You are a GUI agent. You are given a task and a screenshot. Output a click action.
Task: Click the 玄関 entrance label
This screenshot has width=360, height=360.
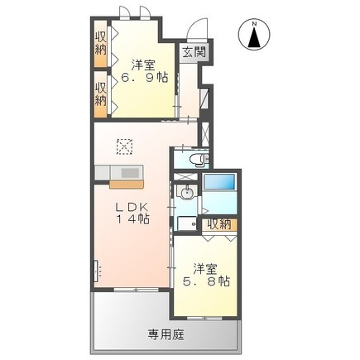click(x=194, y=52)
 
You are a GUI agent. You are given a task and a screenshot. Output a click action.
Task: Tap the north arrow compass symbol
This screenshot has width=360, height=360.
click(x=254, y=35)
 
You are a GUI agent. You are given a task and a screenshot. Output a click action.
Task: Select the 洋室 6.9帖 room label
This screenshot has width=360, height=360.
click(x=144, y=71)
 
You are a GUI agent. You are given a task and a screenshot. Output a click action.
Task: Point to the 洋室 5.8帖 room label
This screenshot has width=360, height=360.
click(x=206, y=275)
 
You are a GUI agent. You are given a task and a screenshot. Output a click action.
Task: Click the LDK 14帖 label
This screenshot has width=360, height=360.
click(x=132, y=213)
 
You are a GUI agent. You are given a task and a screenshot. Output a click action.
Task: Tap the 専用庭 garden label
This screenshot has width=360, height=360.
click(x=166, y=335)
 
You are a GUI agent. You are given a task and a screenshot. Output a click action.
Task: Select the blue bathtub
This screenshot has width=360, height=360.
click(x=219, y=181)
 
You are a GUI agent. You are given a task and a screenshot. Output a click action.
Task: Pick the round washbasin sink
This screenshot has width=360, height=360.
click(x=187, y=191)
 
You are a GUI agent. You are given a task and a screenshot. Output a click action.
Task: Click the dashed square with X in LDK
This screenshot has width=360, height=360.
click(x=125, y=146)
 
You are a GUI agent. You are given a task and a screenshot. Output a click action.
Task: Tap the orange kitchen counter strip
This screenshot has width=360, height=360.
click(x=127, y=184)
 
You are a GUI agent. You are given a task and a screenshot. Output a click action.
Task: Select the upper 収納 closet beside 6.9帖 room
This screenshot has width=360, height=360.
click(x=101, y=44)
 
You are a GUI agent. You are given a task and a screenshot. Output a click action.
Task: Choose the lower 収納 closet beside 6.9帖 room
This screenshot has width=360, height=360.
click(x=101, y=94)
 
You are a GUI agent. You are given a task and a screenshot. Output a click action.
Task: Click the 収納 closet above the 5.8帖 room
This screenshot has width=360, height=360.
click(x=219, y=224)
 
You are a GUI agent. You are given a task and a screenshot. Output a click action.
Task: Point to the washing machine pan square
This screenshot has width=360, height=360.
click(x=187, y=223)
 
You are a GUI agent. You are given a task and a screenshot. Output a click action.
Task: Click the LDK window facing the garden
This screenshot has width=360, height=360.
click(x=137, y=290)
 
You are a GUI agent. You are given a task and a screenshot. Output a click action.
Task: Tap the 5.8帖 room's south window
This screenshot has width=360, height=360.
click(x=205, y=318)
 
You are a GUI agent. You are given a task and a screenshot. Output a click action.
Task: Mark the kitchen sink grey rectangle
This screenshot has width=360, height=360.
click(x=130, y=173)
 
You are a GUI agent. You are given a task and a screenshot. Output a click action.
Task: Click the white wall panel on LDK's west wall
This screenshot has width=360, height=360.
click(x=96, y=271)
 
